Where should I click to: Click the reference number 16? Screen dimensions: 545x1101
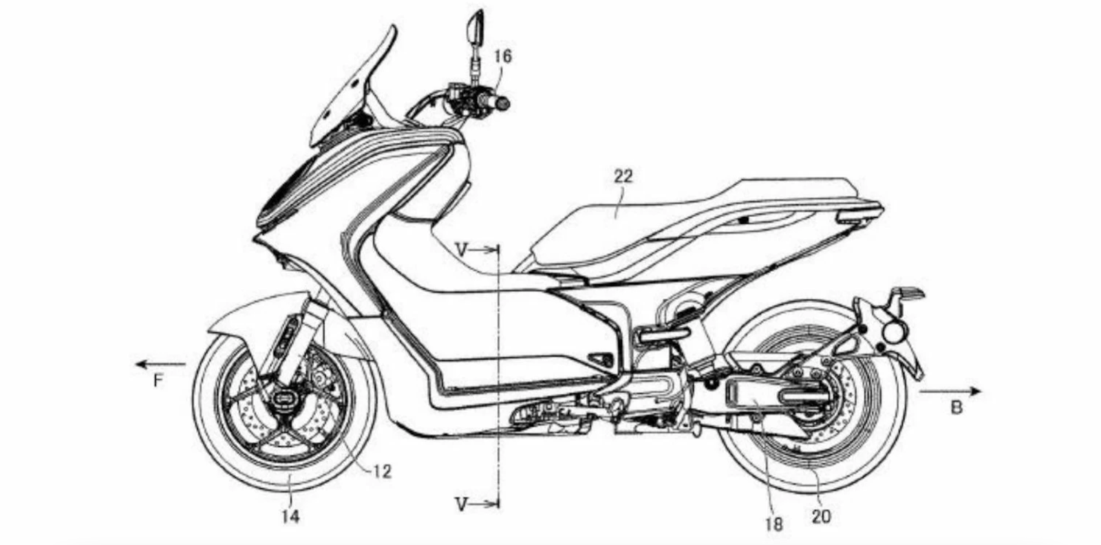tap(503, 56)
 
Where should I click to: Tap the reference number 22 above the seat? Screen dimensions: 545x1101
tap(623, 177)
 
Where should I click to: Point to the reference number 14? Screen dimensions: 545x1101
tap(291, 516)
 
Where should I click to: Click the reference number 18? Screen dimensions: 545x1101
tap(773, 524)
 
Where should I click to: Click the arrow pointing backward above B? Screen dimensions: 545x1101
tap(950, 391)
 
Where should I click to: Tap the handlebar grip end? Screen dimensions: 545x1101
tap(503, 104)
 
